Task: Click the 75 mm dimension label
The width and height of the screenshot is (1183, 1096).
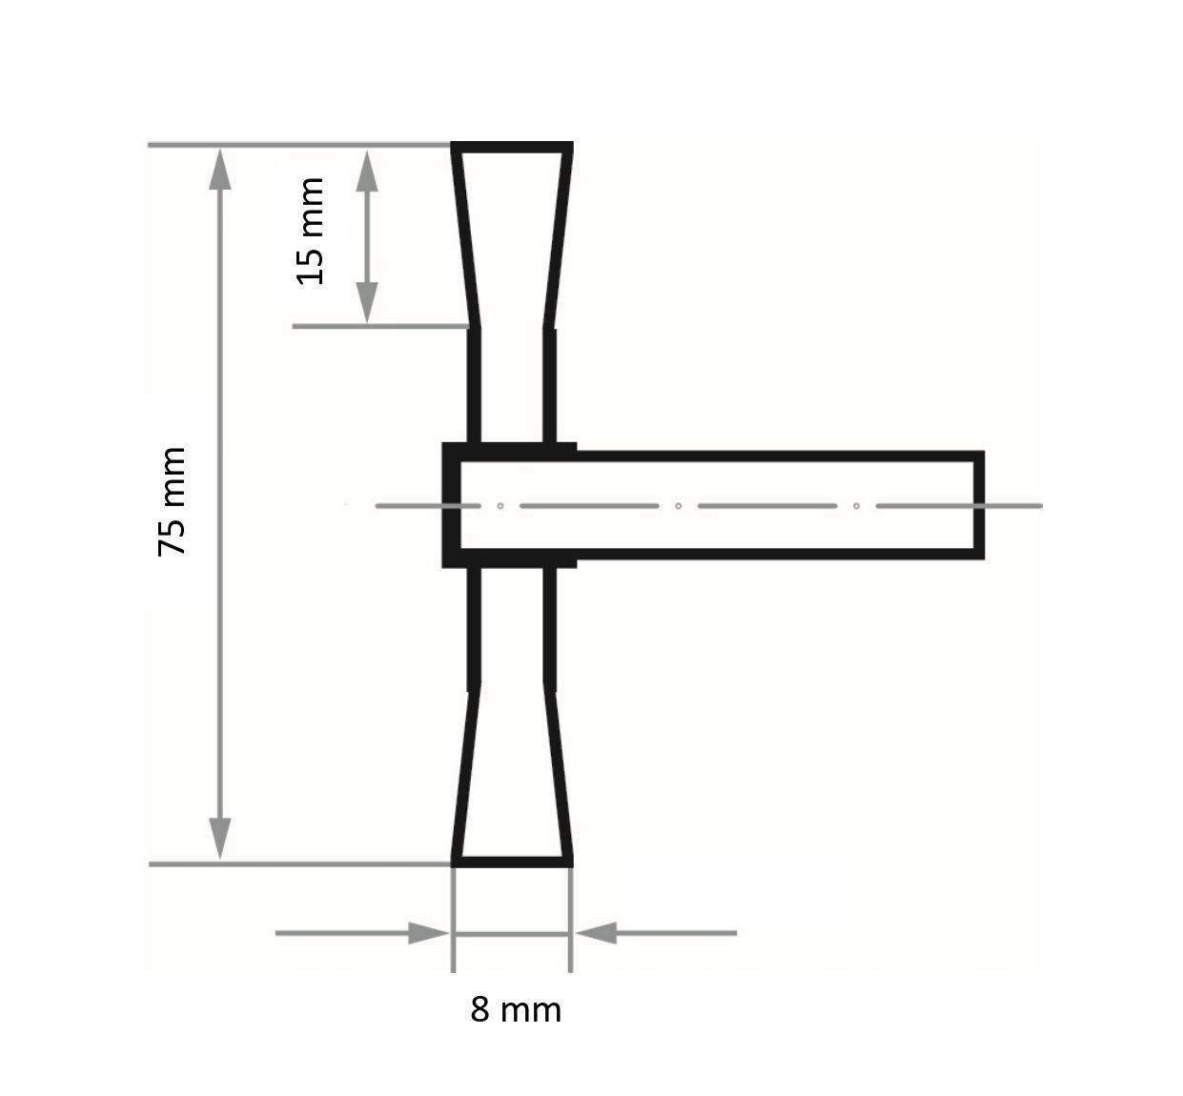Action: pyautogui.click(x=173, y=501)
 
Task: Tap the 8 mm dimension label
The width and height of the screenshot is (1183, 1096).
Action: pyautogui.click(x=516, y=1009)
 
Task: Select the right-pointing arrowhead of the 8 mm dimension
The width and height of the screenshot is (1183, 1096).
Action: pyautogui.click(x=427, y=933)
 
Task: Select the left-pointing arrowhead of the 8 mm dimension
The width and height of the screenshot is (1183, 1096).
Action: pyautogui.click(x=597, y=933)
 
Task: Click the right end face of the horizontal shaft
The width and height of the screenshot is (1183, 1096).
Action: pyautogui.click(x=978, y=505)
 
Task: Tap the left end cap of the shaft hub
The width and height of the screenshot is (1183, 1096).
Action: pyautogui.click(x=450, y=505)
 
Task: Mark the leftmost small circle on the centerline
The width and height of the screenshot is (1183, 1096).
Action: pyautogui.click(x=500, y=505)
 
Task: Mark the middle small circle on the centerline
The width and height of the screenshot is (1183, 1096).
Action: pyautogui.click(x=678, y=505)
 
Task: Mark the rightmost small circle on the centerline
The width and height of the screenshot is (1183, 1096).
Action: pyautogui.click(x=856, y=505)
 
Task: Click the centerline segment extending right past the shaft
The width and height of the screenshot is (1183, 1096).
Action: pyautogui.click(x=1014, y=505)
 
